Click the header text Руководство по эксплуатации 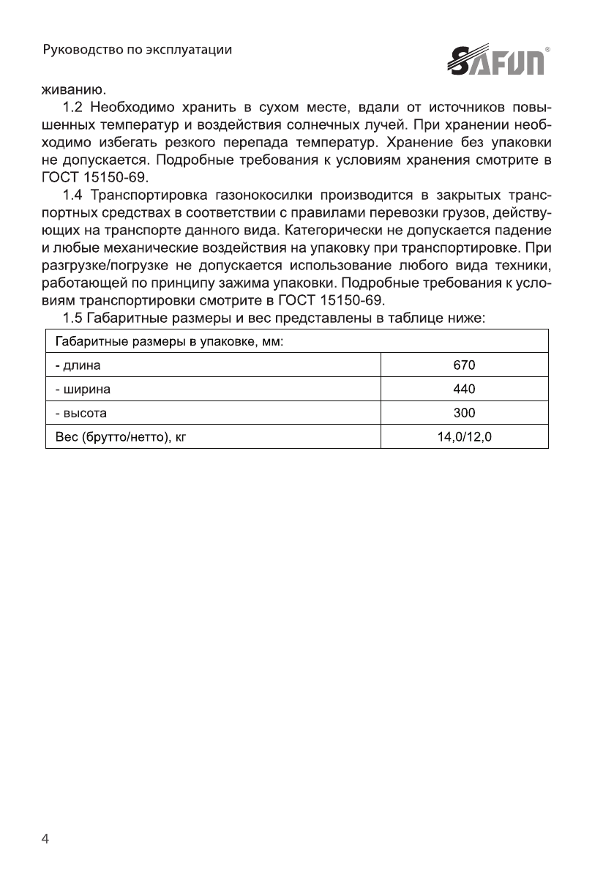[x=138, y=51]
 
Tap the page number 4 [x=45, y=839]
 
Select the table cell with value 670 [x=465, y=365]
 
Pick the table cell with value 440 [x=465, y=389]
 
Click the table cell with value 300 [x=465, y=414]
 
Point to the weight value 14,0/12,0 [x=465, y=438]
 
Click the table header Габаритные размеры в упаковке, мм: [x=170, y=341]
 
